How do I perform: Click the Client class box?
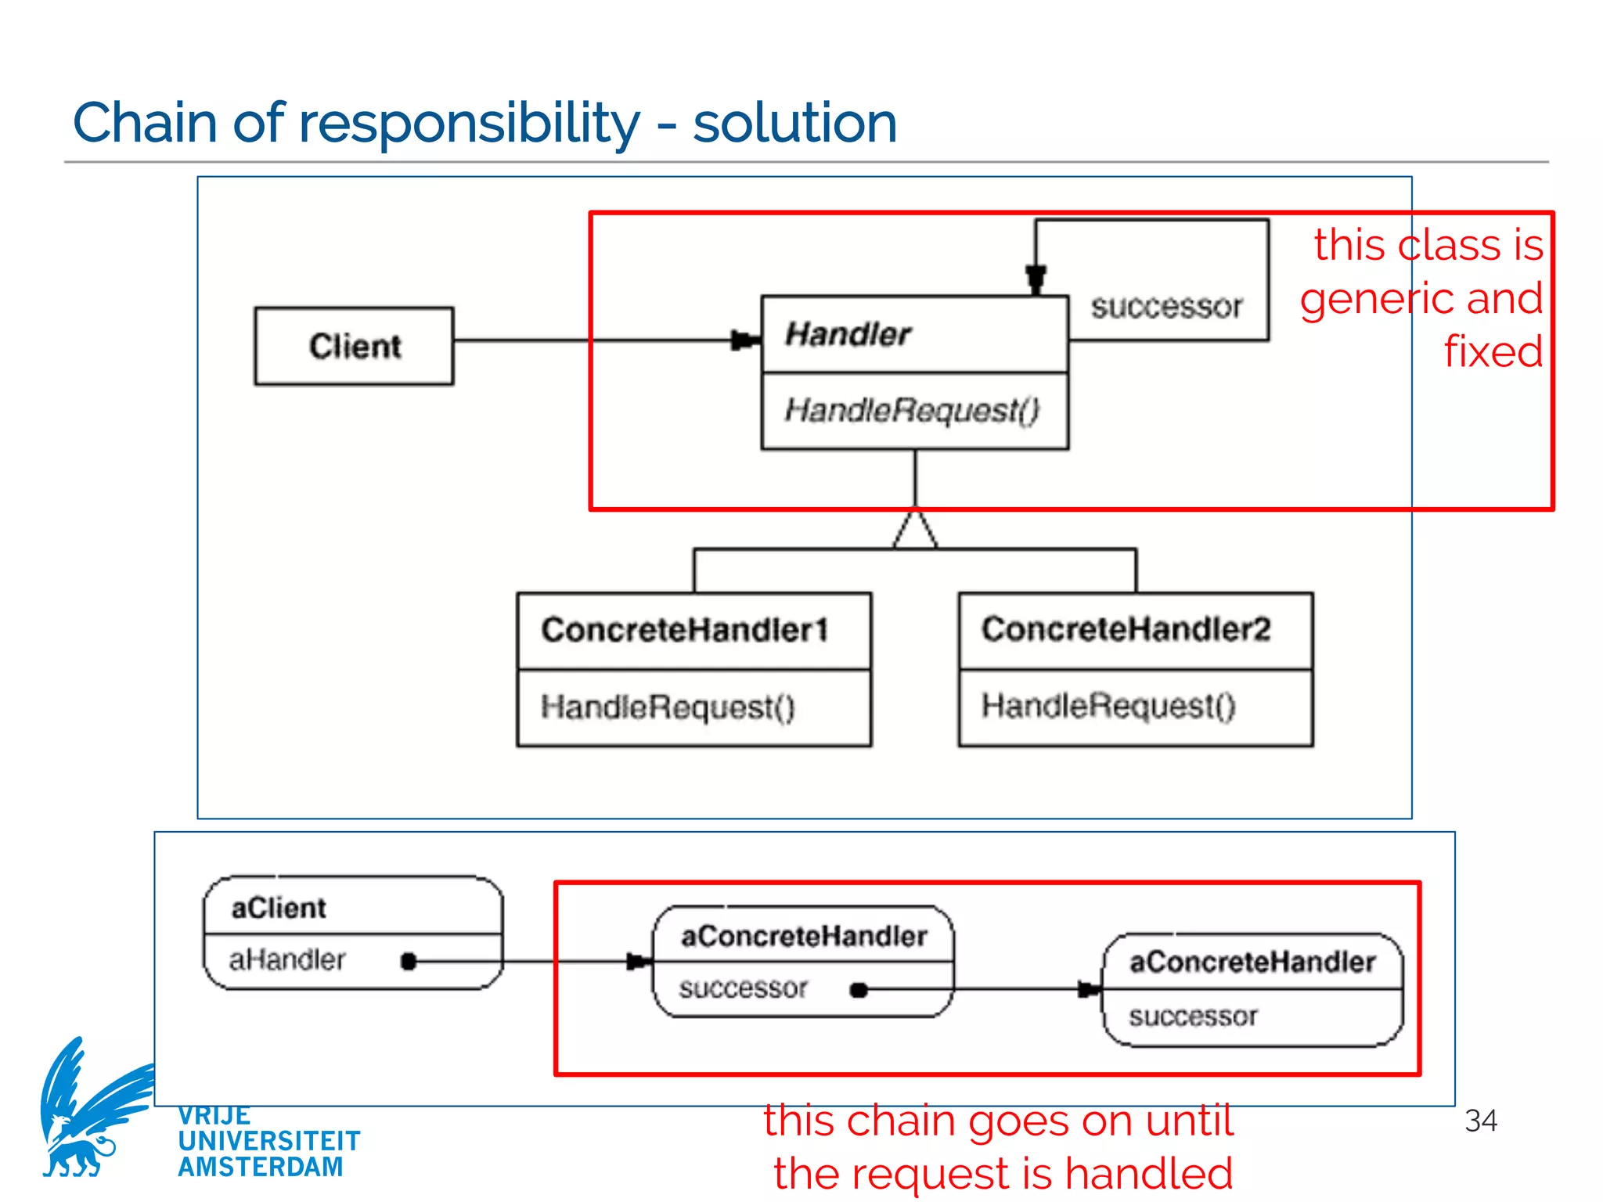point(354,346)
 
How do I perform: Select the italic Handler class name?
point(848,334)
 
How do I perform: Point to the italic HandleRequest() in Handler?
point(912,410)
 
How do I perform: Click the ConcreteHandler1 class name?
point(685,630)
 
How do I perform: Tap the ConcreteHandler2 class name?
point(1126,629)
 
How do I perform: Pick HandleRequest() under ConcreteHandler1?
point(668,707)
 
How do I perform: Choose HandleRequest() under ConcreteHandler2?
point(1108,706)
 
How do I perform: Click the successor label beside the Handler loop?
point(1166,307)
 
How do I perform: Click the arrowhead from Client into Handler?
point(744,340)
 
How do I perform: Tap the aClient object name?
point(279,908)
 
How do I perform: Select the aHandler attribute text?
point(286,959)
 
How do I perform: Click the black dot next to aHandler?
point(408,961)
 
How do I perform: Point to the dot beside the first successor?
point(859,990)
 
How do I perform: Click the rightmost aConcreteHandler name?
point(1252,962)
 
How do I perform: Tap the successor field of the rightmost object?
point(1193,1017)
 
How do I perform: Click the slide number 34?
point(1480,1121)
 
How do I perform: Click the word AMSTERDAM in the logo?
point(261,1167)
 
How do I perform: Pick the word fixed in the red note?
point(1493,351)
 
